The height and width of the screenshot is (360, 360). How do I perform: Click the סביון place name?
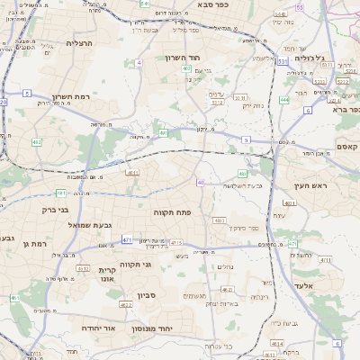click(x=147, y=294)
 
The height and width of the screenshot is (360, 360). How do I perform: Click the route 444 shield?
click(x=284, y=100)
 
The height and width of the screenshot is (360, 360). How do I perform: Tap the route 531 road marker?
click(x=283, y=61)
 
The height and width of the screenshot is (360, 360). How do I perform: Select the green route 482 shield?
click(x=36, y=142)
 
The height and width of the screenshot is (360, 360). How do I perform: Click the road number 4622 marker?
click(x=126, y=305)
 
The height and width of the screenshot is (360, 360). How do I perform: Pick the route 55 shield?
click(x=300, y=7)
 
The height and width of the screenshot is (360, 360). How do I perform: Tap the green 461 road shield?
click(x=13, y=298)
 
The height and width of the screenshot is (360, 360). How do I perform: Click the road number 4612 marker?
click(x=81, y=268)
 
